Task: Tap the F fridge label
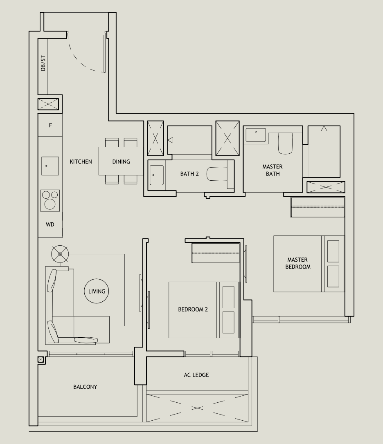pos(50,126)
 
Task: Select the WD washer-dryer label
pos(50,224)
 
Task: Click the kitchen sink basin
pos(50,166)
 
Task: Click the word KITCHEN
pos(81,161)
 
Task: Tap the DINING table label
pos(121,161)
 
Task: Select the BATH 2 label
pos(189,174)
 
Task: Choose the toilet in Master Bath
pos(285,143)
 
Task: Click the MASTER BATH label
pos(273,170)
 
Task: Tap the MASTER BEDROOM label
pos(297,263)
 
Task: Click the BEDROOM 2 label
pos(193,309)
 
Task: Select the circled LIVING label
pos(97,292)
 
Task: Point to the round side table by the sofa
pos(60,254)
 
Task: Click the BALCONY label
pos(85,387)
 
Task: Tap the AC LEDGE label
pos(196,375)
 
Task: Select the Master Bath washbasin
pos(255,135)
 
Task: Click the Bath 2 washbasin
pos(156,175)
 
